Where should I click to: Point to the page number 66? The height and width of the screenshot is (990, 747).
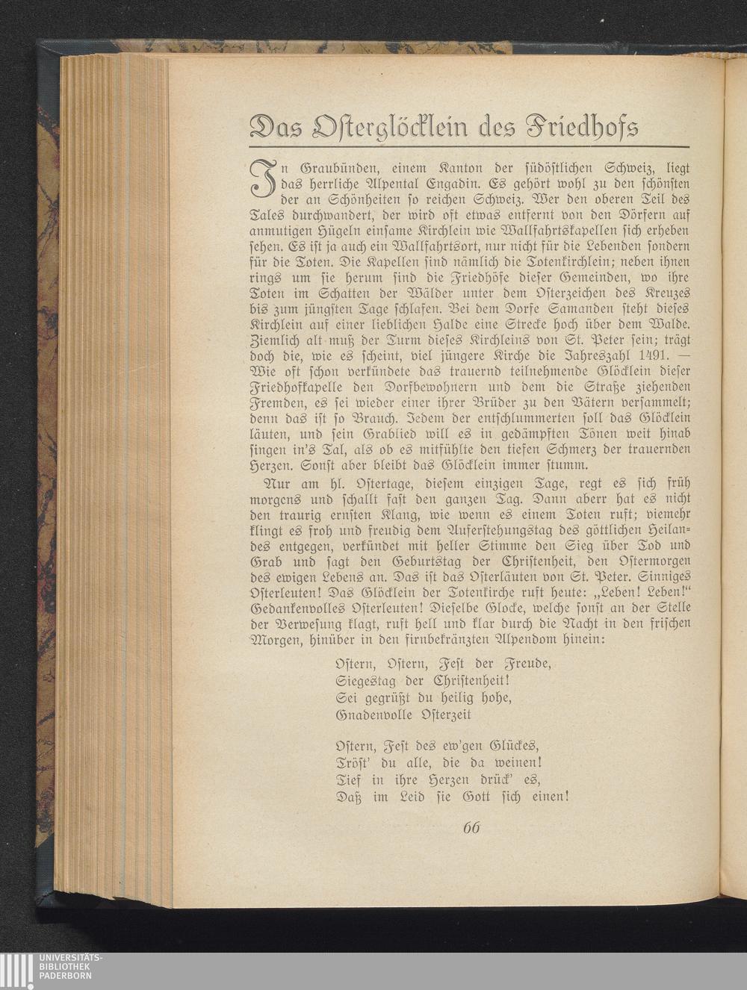pos(471,828)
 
